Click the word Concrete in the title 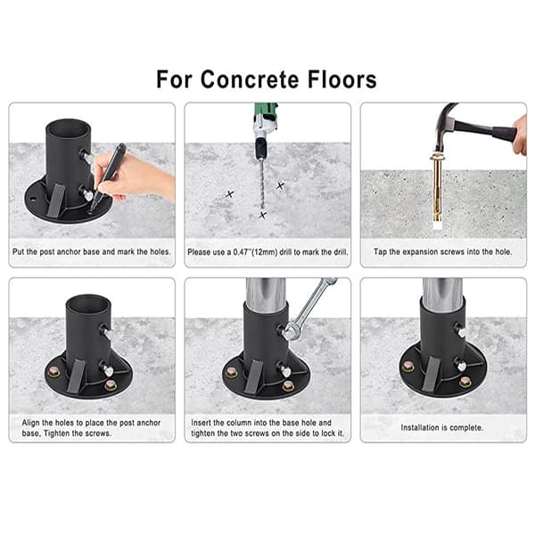point(251,79)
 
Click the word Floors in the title point(342,79)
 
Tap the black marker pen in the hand point(107,178)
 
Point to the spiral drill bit point(261,185)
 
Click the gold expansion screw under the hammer point(436,189)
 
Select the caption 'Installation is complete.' point(442,427)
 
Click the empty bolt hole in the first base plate point(33,198)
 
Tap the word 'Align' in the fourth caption point(30,423)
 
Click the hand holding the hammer point(520,135)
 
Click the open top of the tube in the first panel point(69,128)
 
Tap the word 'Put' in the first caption point(18,251)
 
